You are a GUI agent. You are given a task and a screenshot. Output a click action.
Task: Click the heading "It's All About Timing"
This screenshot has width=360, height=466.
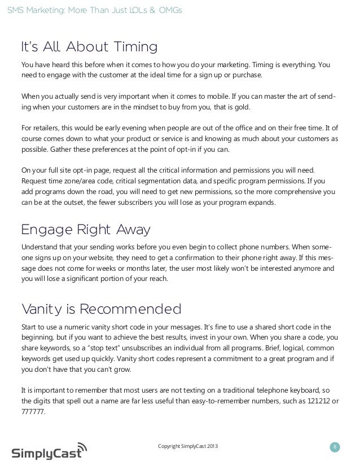tap(89, 45)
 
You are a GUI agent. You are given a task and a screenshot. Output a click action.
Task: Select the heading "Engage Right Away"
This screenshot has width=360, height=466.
tap(85, 230)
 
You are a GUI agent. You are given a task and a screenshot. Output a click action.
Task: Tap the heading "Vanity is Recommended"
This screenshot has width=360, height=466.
tap(100, 309)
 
